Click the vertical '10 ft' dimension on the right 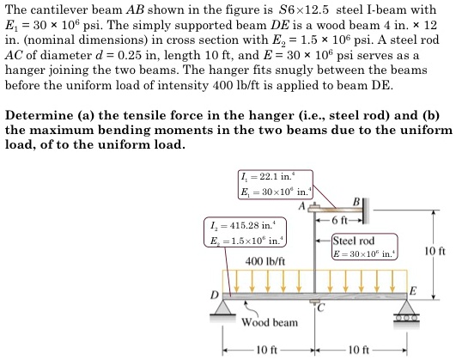tap(436, 250)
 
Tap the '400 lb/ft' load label tap(265, 260)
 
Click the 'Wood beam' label tap(269, 323)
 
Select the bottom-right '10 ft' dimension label tap(360, 351)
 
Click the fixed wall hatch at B tap(367, 207)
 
